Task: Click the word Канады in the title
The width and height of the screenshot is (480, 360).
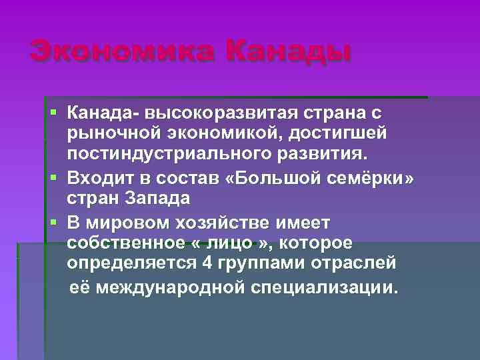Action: point(287,52)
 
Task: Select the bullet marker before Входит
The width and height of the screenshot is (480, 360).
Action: point(53,178)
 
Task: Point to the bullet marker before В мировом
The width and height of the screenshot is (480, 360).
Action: point(53,221)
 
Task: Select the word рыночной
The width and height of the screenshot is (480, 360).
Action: point(110,133)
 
